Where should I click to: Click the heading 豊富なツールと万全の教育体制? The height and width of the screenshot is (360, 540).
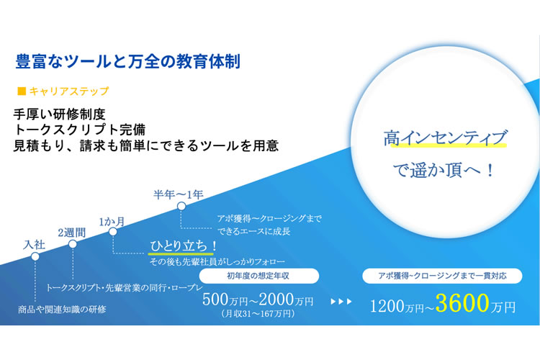pyautogui.click(x=127, y=62)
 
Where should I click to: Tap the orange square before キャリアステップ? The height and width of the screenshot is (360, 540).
pyautogui.click(x=22, y=91)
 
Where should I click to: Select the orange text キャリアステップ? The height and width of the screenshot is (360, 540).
pyautogui.click(x=69, y=91)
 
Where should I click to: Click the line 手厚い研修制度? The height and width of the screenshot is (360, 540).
pyautogui.click(x=59, y=114)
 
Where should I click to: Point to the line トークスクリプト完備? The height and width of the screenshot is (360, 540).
pyautogui.click(x=79, y=130)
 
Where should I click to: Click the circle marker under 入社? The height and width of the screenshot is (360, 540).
pyautogui.click(x=35, y=256)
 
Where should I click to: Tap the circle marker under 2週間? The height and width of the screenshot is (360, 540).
pyautogui.click(x=73, y=244)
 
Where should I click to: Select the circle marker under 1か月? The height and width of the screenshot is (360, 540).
pyautogui.click(x=113, y=232)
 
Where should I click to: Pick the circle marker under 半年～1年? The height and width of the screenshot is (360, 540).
pyautogui.click(x=181, y=207)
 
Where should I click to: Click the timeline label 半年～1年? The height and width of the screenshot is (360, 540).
pyautogui.click(x=179, y=194)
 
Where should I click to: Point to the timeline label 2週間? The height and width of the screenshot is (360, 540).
pyautogui.click(x=71, y=233)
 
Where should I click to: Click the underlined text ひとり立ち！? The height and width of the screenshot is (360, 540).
pyautogui.click(x=183, y=246)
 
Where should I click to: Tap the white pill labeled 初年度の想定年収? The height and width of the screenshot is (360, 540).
pyautogui.click(x=259, y=276)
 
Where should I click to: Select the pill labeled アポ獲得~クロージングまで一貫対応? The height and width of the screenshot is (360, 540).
pyautogui.click(x=442, y=276)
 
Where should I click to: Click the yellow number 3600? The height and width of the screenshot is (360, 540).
pyautogui.click(x=462, y=303)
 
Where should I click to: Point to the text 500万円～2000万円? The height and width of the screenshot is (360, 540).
pyautogui.click(x=258, y=300)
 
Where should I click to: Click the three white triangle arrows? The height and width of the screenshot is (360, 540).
pyautogui.click(x=341, y=302)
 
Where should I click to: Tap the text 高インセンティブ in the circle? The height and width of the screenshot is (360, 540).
pyautogui.click(x=445, y=138)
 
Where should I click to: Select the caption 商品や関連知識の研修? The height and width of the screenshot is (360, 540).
pyautogui.click(x=62, y=310)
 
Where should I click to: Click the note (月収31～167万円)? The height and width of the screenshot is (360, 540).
pyautogui.click(x=258, y=313)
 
